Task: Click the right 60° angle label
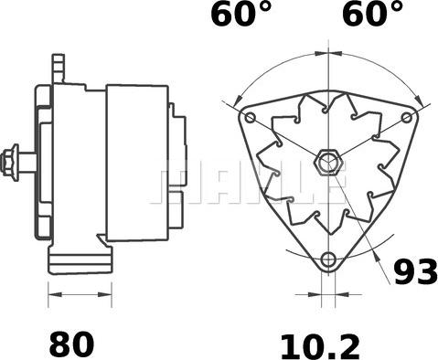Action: (x=372, y=16)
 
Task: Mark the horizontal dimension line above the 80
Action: (x=79, y=295)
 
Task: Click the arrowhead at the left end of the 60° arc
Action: (x=238, y=98)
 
